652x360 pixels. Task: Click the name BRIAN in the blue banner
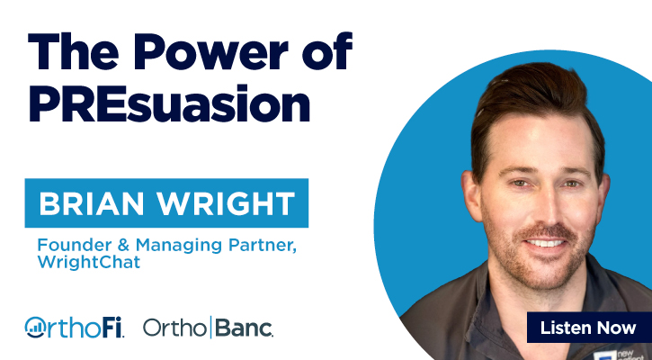(x=90, y=204)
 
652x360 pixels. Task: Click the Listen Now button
(x=588, y=328)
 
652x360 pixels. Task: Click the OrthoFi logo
(x=75, y=328)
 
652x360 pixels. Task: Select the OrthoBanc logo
(x=208, y=328)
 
